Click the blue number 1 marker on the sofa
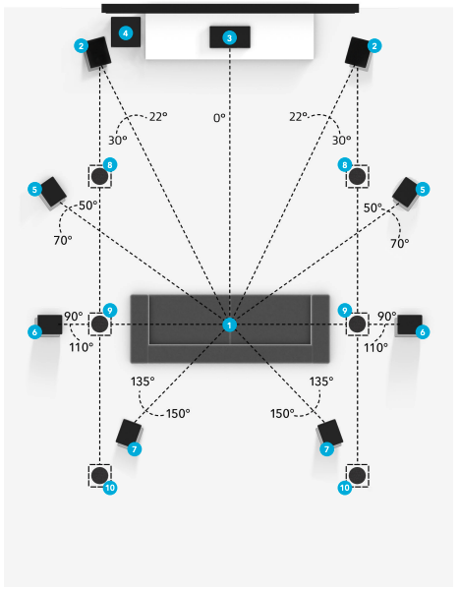click(230, 324)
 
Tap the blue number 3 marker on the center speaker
click(229, 37)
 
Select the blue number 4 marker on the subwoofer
click(125, 33)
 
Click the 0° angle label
click(219, 118)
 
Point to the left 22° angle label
click(158, 117)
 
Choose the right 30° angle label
click(341, 141)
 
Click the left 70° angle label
click(63, 240)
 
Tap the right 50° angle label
click(373, 207)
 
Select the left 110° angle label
click(81, 347)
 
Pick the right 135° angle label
click(321, 382)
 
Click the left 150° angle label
click(178, 414)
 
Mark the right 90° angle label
click(387, 316)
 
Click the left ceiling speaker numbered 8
click(99, 176)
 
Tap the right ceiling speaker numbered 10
click(358, 476)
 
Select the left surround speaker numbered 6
click(50, 324)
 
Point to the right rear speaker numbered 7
click(330, 433)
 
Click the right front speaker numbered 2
click(358, 52)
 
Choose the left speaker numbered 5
click(53, 192)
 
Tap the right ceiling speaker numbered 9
click(358, 324)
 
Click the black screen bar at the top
click(230, 8)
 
